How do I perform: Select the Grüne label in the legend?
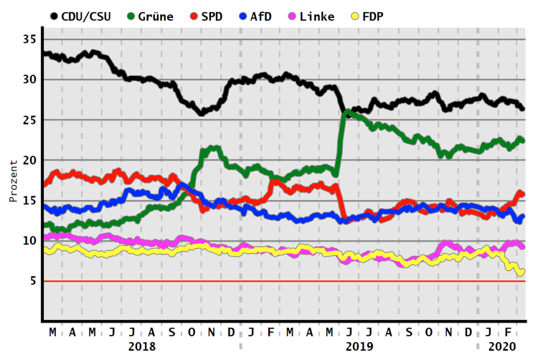click(154, 16)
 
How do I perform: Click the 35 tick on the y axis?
click(29, 39)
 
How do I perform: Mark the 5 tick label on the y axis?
click(32, 281)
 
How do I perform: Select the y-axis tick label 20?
click(29, 160)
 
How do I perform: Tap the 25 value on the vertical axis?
click(29, 120)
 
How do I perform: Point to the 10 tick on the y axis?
click(29, 241)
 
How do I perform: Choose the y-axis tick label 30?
click(29, 79)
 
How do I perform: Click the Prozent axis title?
click(13, 179)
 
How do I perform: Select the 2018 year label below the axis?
click(142, 346)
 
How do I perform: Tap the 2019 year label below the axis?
click(359, 346)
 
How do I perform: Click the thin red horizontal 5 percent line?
click(287, 282)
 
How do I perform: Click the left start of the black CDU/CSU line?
click(44, 54)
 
